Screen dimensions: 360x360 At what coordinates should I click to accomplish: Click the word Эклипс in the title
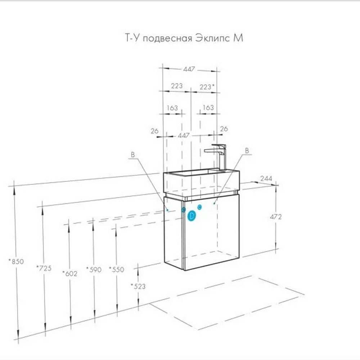click(x=213, y=38)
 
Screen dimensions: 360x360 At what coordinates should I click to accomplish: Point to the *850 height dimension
click(x=16, y=261)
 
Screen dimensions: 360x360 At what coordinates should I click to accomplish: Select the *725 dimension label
click(x=44, y=268)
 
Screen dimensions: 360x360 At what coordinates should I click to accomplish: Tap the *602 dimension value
click(x=70, y=274)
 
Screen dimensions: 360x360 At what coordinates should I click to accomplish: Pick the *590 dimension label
click(x=94, y=270)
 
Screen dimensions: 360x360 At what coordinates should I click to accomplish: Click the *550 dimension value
click(x=116, y=269)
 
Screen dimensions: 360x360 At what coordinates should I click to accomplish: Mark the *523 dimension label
click(x=138, y=286)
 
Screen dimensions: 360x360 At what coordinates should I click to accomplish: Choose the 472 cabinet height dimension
click(x=275, y=217)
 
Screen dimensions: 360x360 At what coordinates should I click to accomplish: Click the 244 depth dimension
click(x=266, y=179)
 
